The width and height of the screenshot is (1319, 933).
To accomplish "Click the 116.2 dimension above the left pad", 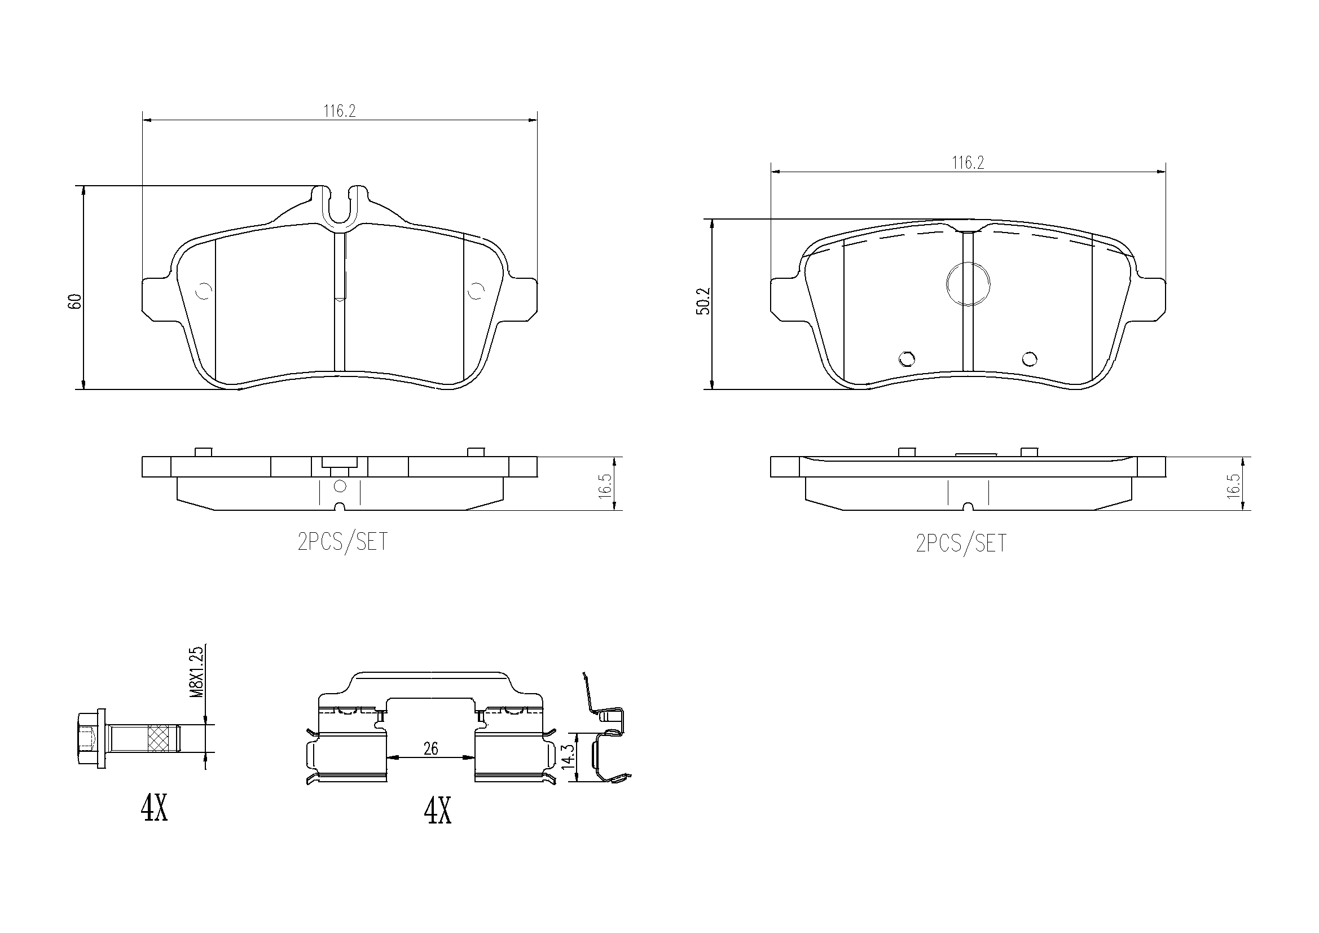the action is (x=340, y=111).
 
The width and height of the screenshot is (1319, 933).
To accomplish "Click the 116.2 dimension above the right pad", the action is (x=968, y=163).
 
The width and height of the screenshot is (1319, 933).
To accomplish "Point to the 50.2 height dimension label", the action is (x=704, y=301).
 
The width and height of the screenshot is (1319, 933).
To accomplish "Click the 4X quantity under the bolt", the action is (x=155, y=809).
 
